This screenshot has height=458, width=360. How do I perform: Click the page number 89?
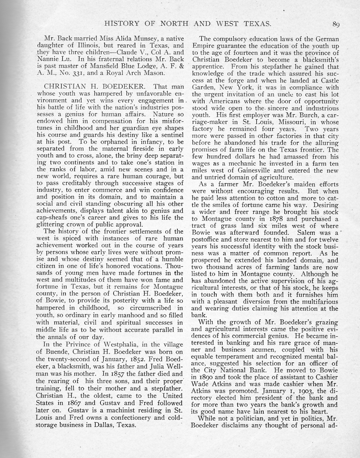[336, 24]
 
